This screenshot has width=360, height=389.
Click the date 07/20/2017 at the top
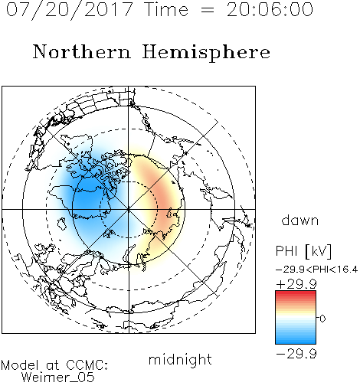[70, 9]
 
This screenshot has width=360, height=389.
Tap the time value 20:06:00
[270, 9]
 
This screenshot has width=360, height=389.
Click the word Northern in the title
[82, 51]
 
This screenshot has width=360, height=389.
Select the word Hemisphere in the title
[206, 52]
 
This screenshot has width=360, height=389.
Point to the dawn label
[300, 220]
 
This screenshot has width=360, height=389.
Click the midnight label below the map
[180, 359]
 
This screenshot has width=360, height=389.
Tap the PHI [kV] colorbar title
[303, 251]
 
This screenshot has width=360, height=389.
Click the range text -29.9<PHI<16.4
[316, 270]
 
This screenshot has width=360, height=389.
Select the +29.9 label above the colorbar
[296, 284]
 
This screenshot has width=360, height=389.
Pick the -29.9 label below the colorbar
[296, 354]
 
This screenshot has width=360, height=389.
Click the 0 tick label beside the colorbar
[322, 319]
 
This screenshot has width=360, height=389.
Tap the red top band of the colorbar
[296, 294]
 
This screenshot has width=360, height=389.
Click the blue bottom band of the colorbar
[296, 341]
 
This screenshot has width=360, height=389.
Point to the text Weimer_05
[58, 378]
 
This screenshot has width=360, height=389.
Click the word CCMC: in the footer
[87, 365]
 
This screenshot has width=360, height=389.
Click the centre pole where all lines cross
[129, 210]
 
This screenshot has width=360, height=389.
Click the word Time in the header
[166, 9]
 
